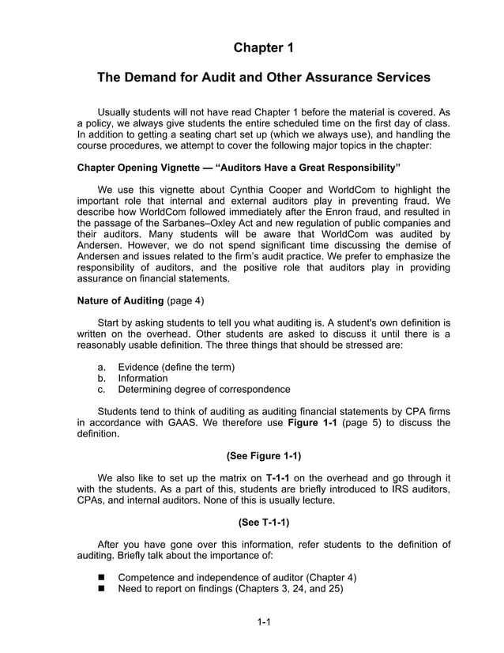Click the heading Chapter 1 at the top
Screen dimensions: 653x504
[264, 48]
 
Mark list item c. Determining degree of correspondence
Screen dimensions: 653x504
[203, 389]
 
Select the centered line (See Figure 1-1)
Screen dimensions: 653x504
[264, 455]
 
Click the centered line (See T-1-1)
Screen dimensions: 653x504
[264, 522]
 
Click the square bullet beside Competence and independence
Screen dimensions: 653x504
[102, 577]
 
